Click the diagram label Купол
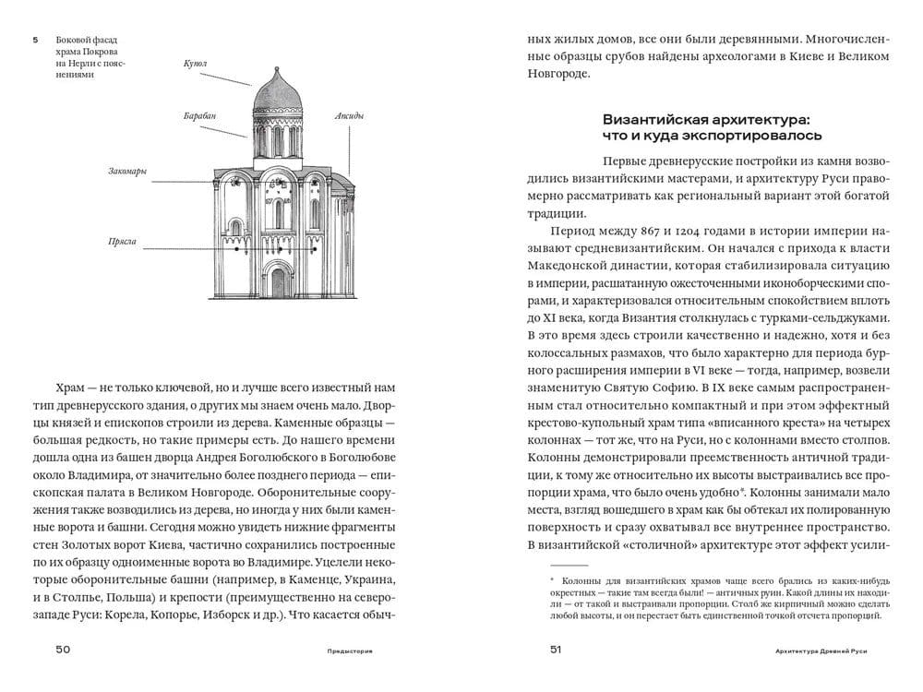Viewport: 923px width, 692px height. tap(195, 64)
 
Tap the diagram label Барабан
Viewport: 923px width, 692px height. tap(198, 116)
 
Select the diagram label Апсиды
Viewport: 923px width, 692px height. tap(337, 116)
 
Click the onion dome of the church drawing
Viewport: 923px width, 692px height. tap(274, 93)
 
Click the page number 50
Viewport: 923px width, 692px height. tap(63, 650)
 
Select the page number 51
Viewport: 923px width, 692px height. tap(557, 650)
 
